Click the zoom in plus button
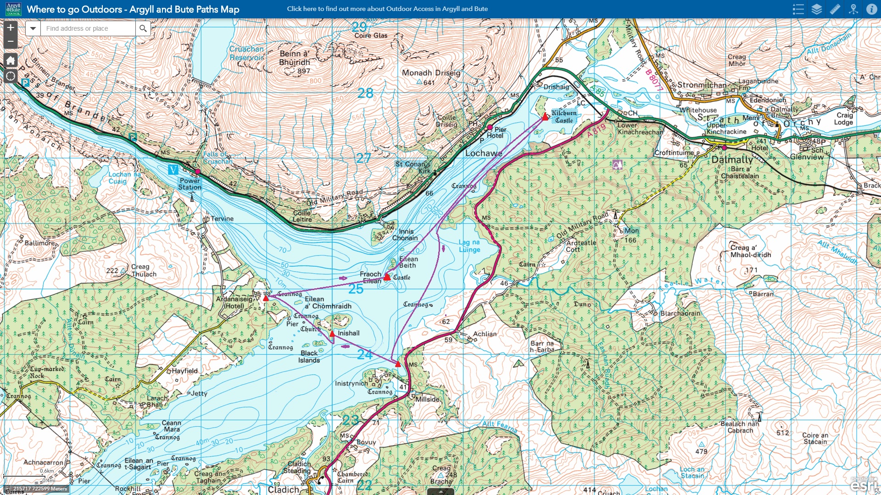tap(11, 27)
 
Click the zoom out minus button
tap(11, 41)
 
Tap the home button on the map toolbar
tap(11, 60)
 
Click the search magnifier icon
tap(143, 28)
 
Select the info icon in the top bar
tap(871, 9)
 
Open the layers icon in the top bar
tap(817, 9)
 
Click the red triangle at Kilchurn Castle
tap(545, 116)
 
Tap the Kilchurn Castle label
tap(564, 116)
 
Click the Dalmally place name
tap(732, 160)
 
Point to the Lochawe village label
tap(484, 153)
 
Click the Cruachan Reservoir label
tap(246, 53)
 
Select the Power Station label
tap(190, 184)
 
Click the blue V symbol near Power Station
tap(173, 170)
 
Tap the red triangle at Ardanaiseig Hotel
tap(266, 298)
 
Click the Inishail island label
tap(348, 333)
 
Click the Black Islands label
tap(309, 357)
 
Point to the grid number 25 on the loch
tap(356, 289)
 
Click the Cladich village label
tap(283, 489)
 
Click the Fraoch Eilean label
tap(370, 277)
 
